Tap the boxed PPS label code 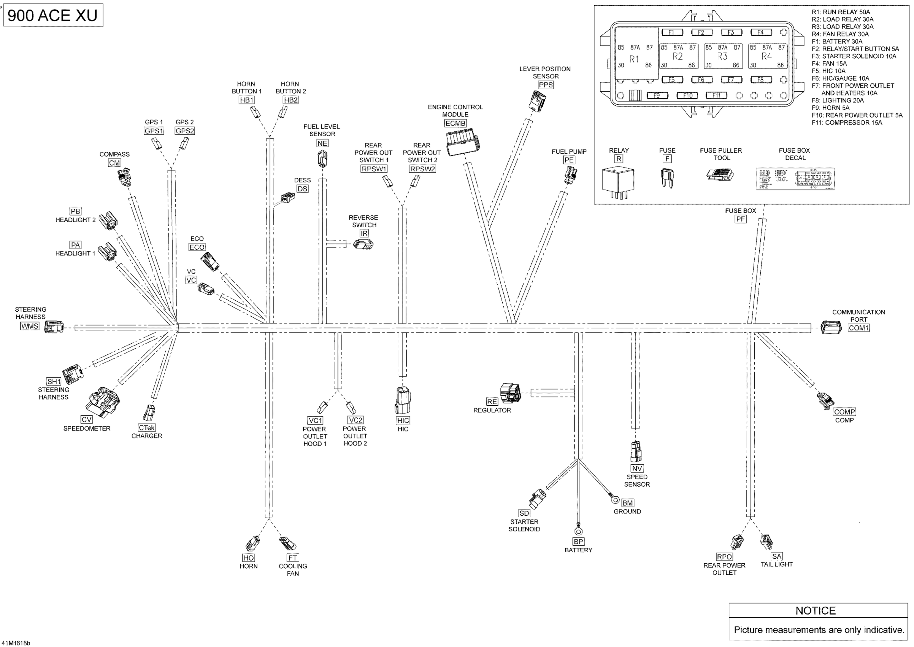tap(545, 85)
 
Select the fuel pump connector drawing tap(571, 175)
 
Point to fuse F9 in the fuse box tap(657, 96)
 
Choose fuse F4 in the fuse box tap(761, 32)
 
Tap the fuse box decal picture tap(795, 179)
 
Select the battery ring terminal tap(578, 531)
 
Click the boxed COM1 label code tap(858, 328)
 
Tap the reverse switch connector tap(363, 245)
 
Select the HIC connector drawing tap(403, 401)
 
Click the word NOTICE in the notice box tap(815, 611)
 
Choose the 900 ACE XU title tap(53, 15)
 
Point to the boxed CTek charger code tap(146, 427)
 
